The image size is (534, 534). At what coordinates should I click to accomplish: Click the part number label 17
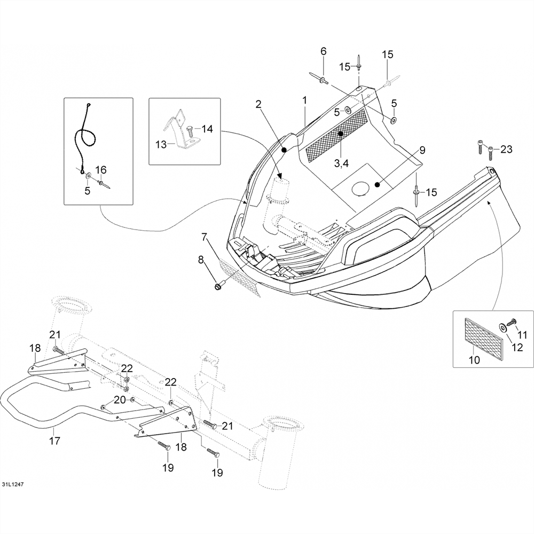(x=54, y=441)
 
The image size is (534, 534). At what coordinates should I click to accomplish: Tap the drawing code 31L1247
(x=13, y=484)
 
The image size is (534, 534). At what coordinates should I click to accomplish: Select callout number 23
(x=506, y=149)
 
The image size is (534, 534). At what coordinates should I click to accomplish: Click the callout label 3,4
(x=341, y=163)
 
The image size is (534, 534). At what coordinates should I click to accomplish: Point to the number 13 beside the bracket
(x=161, y=144)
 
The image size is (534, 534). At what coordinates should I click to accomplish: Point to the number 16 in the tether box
(x=101, y=170)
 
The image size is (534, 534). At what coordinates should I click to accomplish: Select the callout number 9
(x=422, y=150)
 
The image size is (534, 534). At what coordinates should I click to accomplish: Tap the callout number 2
(x=258, y=104)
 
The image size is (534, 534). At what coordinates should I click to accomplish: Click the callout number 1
(x=304, y=100)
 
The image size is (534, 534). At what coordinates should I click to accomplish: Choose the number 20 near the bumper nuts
(x=120, y=400)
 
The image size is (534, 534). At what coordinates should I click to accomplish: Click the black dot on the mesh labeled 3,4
(x=340, y=133)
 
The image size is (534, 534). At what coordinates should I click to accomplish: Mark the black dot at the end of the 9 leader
(x=376, y=185)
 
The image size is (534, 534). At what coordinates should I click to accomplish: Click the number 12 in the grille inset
(x=517, y=348)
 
